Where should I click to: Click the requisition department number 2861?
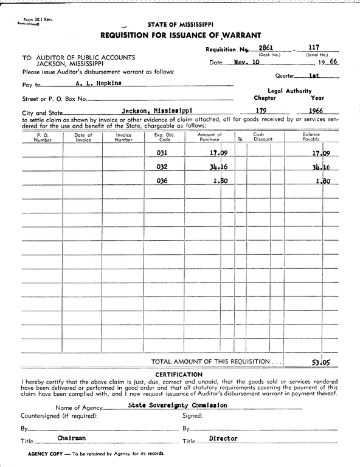pyautogui.click(x=266, y=47)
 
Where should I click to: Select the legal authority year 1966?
pyautogui.click(x=315, y=111)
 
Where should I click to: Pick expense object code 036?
pyautogui.click(x=162, y=181)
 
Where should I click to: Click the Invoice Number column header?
pyautogui.click(x=123, y=137)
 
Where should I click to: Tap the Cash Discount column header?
pyautogui.click(x=258, y=137)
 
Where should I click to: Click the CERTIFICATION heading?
pyautogui.click(x=179, y=375)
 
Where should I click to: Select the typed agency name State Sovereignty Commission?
pyautogui.click(x=169, y=405)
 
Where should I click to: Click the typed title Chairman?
pyautogui.click(x=72, y=438)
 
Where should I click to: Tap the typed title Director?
pyautogui.click(x=223, y=438)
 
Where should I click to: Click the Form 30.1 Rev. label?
pyautogui.click(x=38, y=19)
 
